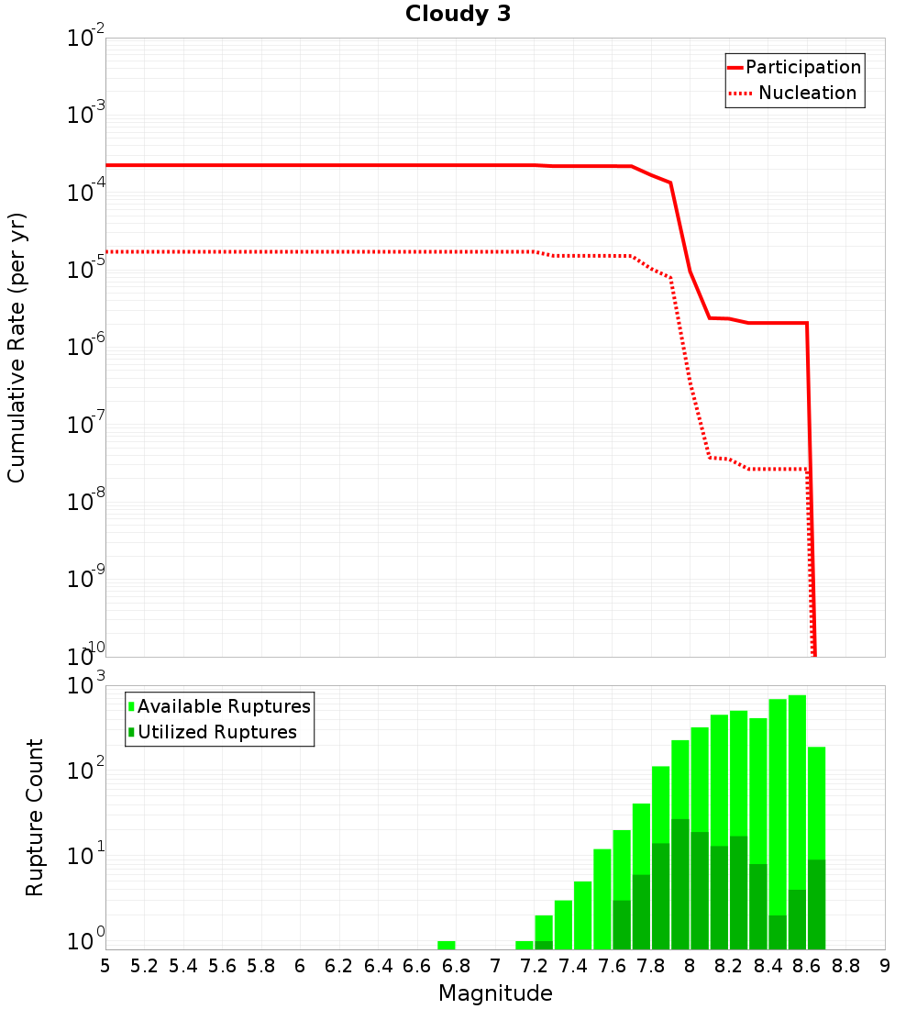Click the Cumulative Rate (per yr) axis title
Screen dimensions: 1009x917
pos(17,348)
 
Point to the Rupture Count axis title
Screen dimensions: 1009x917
pos(35,817)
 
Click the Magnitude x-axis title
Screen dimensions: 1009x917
pos(495,993)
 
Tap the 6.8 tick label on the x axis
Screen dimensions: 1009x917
pos(456,966)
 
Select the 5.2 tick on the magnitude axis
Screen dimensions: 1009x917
pos(144,966)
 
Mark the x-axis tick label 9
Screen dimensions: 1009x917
pos(885,966)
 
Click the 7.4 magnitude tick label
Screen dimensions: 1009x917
pos(573,966)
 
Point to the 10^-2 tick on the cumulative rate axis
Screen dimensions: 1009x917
pos(86,39)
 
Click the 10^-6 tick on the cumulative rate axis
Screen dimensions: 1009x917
pos(86,348)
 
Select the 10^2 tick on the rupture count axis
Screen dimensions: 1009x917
pos(88,771)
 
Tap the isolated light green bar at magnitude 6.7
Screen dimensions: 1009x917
pos(446,945)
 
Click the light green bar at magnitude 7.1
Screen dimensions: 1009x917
pos(524,945)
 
